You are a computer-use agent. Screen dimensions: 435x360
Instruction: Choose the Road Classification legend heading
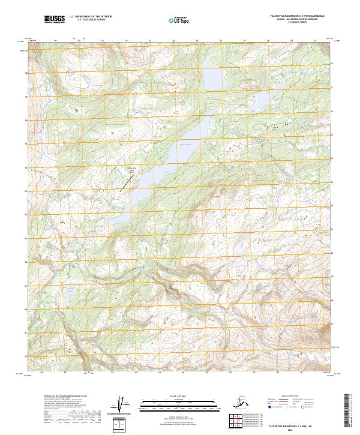[292, 395]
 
